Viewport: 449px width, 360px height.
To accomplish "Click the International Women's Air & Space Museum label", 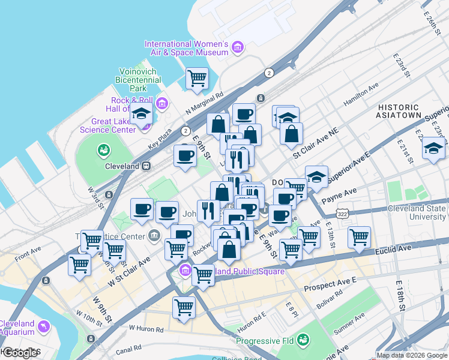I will pos(186,49).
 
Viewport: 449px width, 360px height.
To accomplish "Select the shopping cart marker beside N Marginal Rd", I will pos(197,77).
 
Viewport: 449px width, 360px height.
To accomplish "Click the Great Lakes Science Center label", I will pos(107,125).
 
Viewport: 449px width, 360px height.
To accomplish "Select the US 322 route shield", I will pos(342,214).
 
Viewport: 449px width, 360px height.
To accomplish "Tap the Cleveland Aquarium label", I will pos(17,328).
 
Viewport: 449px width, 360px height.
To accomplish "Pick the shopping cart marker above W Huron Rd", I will pos(184,308).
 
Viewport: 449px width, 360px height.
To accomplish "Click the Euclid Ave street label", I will pos(394,247).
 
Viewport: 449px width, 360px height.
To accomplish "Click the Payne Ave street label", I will pos(339,192).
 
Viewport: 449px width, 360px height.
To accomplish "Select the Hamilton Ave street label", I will pos(361,95).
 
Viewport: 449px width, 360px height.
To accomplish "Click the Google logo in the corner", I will pos(20,353).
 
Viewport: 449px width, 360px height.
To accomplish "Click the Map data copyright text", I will pos(412,355).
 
